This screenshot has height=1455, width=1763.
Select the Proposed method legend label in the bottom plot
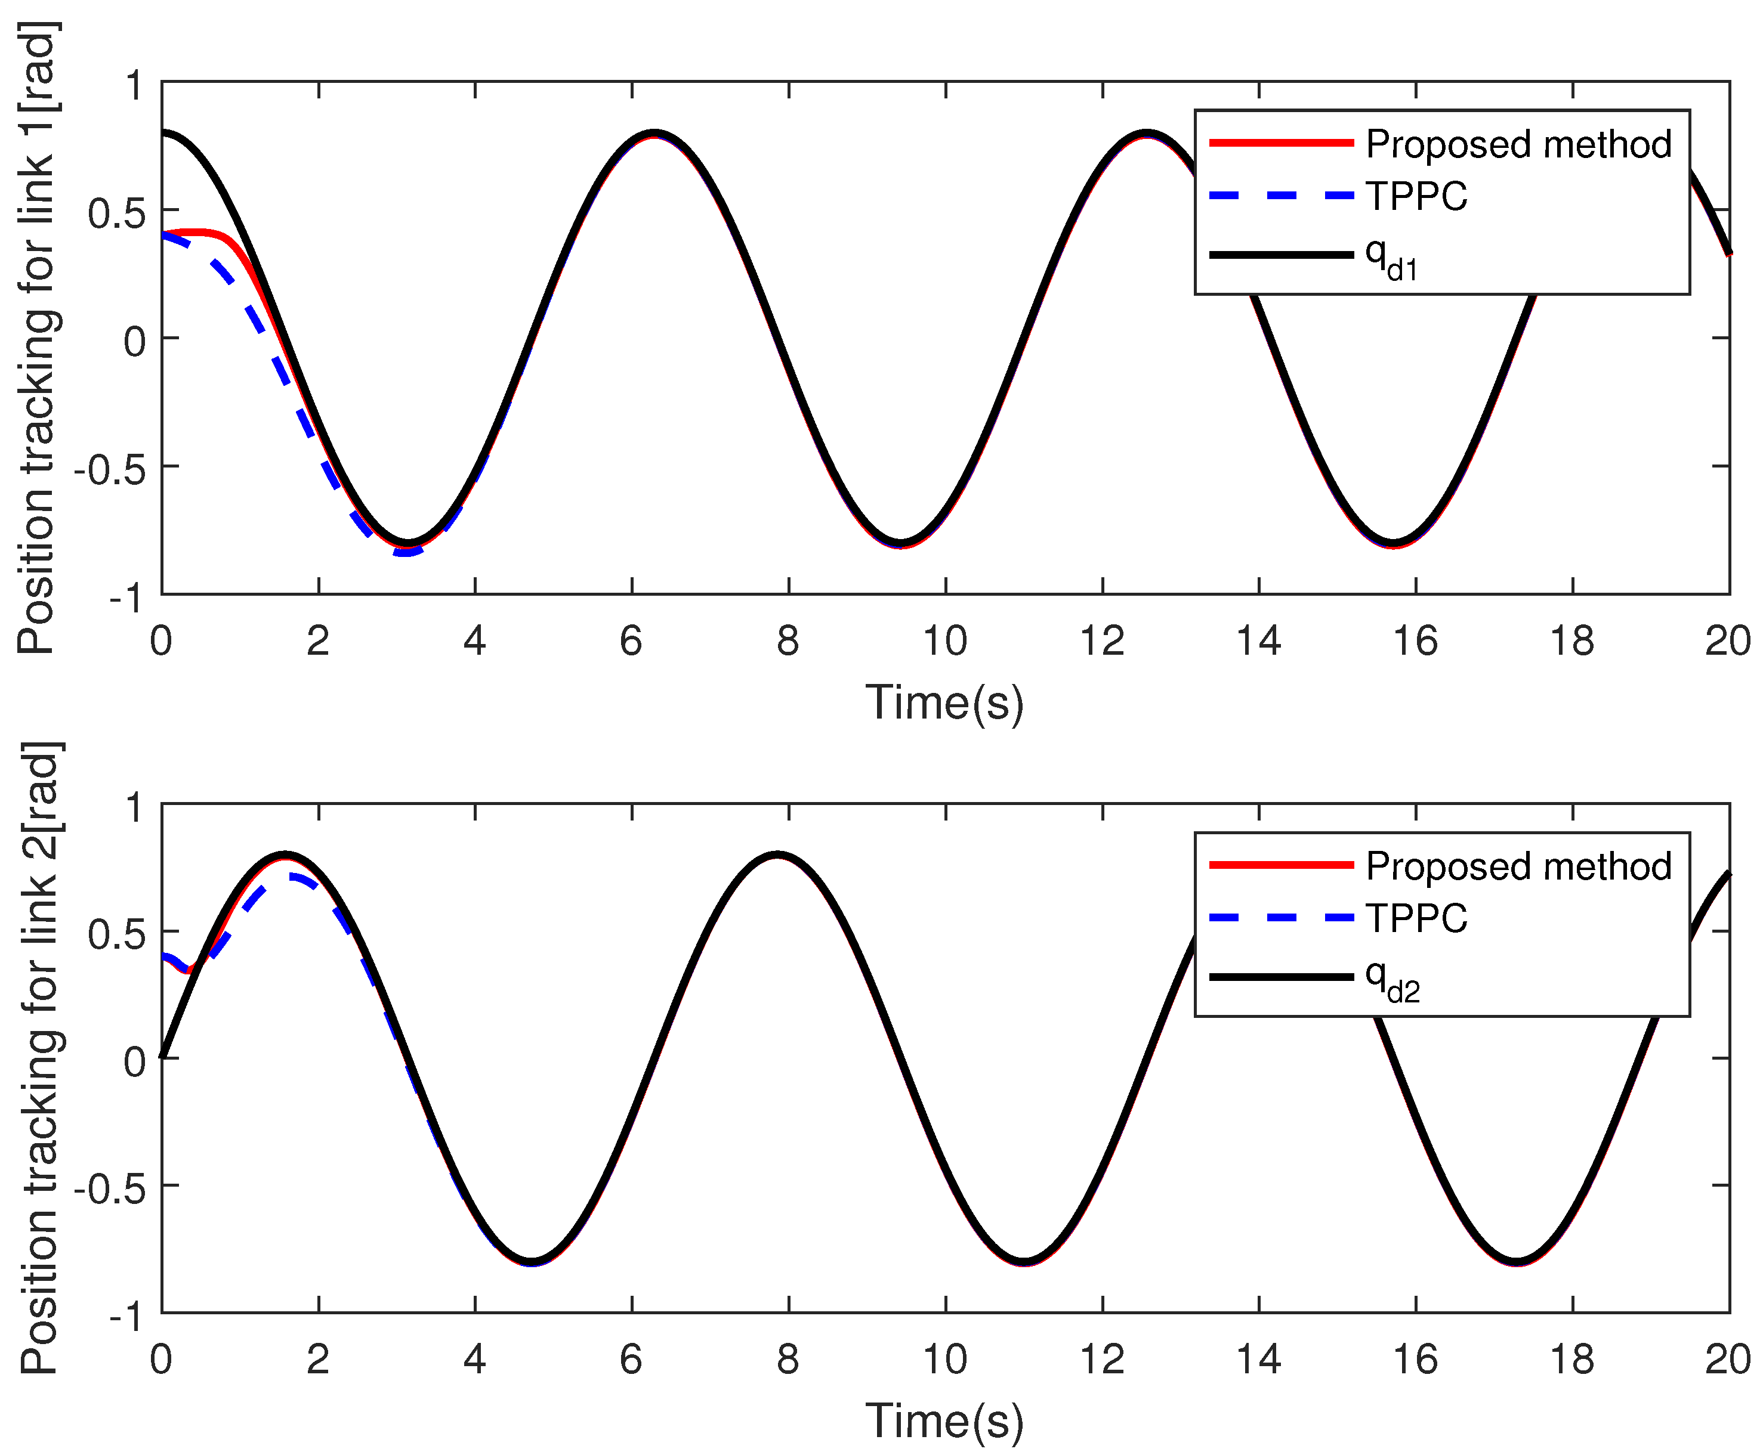click(1517, 866)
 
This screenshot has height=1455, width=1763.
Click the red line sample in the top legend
click(1280, 143)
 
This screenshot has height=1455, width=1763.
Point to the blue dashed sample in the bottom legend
click(1280, 918)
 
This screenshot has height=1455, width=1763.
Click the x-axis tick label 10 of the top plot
click(945, 641)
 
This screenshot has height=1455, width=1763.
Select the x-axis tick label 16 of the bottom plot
click(1415, 1360)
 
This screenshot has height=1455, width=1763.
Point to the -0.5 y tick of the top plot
click(109, 469)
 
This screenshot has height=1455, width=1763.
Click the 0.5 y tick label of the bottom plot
click(116, 934)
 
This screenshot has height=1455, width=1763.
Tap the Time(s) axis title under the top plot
click(945, 702)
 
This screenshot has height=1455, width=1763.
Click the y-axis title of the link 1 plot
click(38, 338)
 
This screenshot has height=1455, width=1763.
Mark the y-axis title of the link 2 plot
click(38, 1058)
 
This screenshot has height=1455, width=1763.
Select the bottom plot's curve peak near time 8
click(778, 855)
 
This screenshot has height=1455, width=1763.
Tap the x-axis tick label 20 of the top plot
click(1727, 641)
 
